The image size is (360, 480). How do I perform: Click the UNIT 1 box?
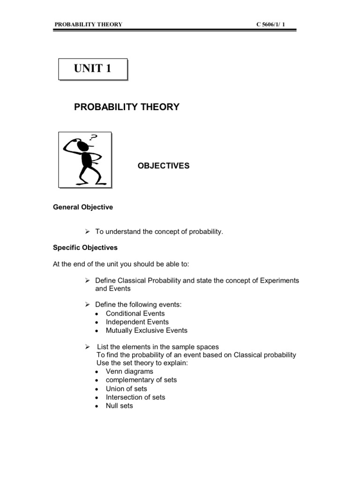[x=92, y=69]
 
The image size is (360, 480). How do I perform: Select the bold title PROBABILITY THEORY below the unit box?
[x=127, y=107]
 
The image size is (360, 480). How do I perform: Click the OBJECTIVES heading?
[x=163, y=166]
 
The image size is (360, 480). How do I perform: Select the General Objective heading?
[x=82, y=207]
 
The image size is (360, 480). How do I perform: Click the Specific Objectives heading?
[x=85, y=247]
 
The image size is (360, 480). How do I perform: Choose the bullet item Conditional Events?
[x=135, y=313]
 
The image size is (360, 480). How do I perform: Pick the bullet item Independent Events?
[x=137, y=322]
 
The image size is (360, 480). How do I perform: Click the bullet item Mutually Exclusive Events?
[x=146, y=330]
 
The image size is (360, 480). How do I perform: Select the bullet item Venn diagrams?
[x=129, y=372]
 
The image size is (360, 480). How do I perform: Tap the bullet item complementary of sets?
[x=141, y=380]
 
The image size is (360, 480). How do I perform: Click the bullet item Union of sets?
[x=126, y=389]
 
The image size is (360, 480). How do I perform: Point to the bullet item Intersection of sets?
[x=135, y=397]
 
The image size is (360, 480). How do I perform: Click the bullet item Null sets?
[x=119, y=406]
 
